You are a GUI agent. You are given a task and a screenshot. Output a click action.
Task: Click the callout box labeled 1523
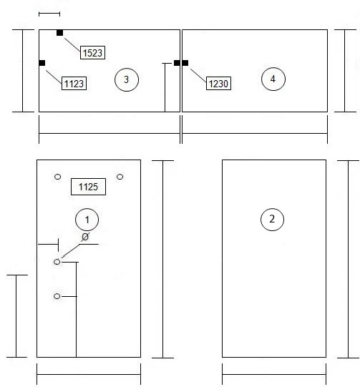point(92,52)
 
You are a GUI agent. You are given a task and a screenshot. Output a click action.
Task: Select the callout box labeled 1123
point(74,84)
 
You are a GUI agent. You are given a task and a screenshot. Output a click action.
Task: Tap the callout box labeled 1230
point(218,84)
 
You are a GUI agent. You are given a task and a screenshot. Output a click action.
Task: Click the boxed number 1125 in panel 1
point(89,187)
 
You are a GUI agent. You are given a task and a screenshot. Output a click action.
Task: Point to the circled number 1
point(87,220)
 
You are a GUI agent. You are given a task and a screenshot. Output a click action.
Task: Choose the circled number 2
point(272,219)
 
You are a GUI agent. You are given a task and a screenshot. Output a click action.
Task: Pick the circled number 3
point(127,79)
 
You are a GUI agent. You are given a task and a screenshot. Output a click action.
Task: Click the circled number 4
point(273,79)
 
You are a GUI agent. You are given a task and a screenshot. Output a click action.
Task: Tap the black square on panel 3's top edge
point(59,33)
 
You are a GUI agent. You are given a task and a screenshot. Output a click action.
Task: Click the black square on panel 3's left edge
point(42,63)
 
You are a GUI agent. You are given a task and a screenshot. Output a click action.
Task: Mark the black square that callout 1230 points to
point(185,63)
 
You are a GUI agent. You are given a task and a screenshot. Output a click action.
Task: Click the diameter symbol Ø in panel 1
point(85,237)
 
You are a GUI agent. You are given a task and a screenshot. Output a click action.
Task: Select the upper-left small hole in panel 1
point(57,177)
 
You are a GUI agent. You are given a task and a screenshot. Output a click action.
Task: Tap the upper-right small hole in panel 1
point(120,177)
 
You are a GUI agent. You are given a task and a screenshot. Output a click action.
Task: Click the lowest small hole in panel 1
point(57,296)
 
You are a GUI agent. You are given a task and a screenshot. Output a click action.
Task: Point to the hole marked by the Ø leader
point(57,262)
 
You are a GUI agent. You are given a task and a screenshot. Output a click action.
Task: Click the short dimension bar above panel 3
point(49,14)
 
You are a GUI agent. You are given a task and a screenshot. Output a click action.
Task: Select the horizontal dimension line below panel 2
point(274,374)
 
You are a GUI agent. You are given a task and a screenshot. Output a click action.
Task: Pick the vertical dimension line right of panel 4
point(345,71)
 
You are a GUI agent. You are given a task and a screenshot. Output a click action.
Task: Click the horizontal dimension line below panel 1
point(89,374)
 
